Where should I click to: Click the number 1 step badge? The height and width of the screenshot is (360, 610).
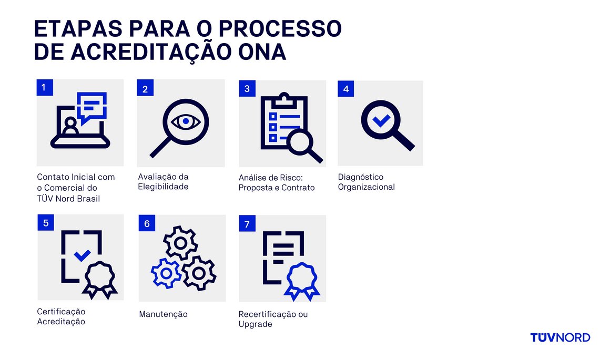tap(44, 87)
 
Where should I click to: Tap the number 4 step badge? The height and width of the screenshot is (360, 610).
tap(345, 89)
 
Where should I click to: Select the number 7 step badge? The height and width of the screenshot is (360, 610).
tap(247, 224)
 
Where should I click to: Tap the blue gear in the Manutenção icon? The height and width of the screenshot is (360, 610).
tap(166, 273)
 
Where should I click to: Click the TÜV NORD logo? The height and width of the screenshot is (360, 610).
tap(560, 337)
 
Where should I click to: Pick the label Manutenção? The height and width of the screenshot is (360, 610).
tap(163, 314)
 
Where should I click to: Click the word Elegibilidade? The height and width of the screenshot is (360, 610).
tap(163, 187)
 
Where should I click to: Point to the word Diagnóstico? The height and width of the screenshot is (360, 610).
tap(361, 177)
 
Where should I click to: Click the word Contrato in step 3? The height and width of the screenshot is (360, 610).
tap(299, 188)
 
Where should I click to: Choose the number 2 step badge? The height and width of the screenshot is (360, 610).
tap(145, 89)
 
